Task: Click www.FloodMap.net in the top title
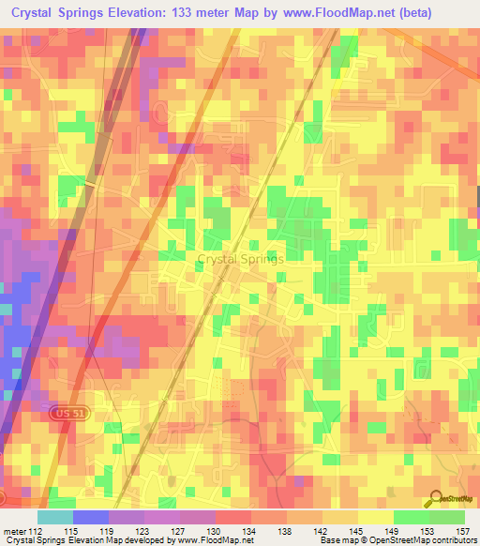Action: [361, 12]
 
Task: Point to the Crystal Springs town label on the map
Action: [240, 259]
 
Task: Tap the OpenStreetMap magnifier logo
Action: [436, 499]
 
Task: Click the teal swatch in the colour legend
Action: [55, 517]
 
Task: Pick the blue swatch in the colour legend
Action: [91, 517]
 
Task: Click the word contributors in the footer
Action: [450, 540]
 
